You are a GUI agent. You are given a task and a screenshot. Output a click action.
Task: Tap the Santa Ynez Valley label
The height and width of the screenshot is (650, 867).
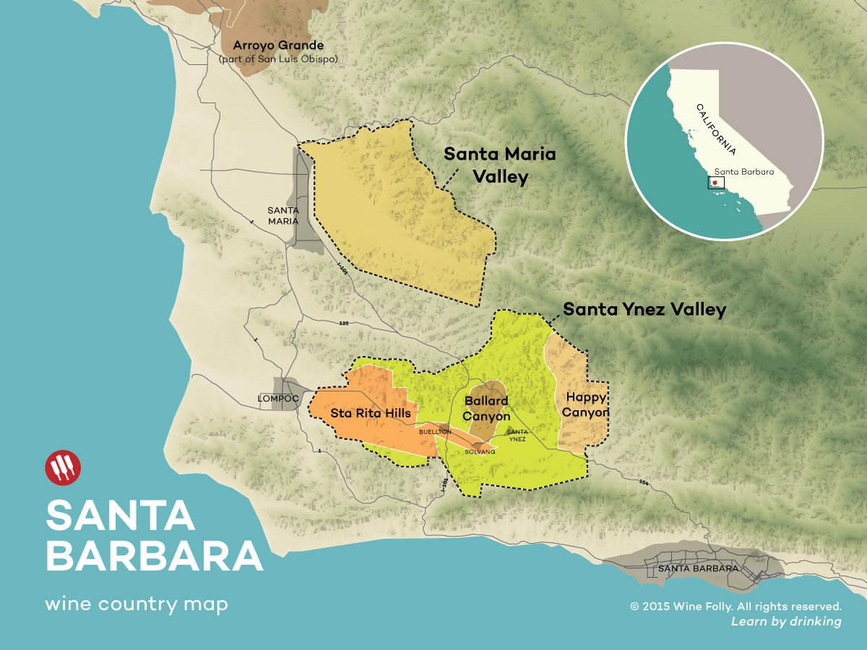(644, 310)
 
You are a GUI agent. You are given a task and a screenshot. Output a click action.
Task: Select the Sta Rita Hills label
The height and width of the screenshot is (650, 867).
(371, 413)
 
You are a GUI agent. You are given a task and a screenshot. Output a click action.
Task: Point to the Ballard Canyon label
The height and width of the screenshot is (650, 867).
(486, 408)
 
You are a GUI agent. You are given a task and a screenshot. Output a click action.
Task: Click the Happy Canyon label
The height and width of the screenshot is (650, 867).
(586, 404)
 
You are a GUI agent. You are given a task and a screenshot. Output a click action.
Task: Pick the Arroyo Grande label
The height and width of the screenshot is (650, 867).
(278, 45)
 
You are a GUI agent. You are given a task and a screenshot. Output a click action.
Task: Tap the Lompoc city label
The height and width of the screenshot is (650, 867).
(278, 398)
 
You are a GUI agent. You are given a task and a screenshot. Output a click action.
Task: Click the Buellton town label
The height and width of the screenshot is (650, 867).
(435, 431)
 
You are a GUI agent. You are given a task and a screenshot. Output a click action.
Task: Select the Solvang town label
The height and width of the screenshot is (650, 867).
(480, 451)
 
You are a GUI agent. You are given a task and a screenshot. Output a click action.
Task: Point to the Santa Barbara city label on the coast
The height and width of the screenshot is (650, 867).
(698, 568)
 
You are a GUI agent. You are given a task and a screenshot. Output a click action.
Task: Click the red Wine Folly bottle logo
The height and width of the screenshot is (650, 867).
(63, 467)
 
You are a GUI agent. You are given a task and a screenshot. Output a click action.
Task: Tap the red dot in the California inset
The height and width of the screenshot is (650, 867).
(715, 183)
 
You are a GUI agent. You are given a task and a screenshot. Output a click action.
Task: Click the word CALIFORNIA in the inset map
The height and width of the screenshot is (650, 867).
(716, 129)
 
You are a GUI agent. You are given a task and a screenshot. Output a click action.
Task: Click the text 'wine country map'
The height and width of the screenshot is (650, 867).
(136, 604)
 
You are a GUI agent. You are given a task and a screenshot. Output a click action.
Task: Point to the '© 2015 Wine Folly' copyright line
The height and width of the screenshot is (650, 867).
(736, 606)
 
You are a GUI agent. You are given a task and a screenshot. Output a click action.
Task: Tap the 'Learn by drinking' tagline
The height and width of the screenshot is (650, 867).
(786, 621)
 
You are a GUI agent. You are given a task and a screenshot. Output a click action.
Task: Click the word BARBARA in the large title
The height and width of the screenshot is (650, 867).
(155, 555)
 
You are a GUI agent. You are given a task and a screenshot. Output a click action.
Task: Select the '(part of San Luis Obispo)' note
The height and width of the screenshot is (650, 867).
(278, 58)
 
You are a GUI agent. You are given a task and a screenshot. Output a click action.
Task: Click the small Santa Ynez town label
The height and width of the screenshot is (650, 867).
(517, 435)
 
